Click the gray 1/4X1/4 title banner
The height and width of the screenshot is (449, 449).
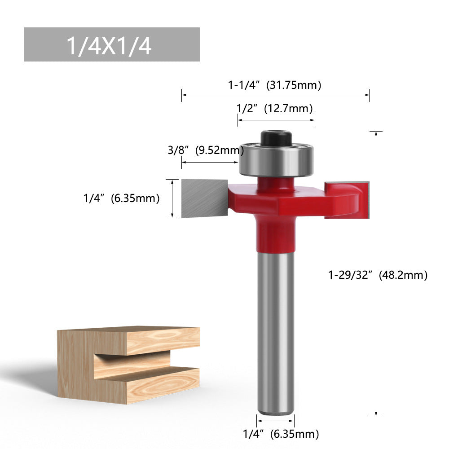tap(111, 44)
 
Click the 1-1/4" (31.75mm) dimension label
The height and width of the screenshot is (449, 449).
tap(275, 85)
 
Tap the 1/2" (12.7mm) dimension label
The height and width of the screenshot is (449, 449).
tap(275, 108)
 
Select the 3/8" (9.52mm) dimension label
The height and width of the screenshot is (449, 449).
tap(206, 150)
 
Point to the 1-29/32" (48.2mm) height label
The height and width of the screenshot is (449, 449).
tap(378, 275)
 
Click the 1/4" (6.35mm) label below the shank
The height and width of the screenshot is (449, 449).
tap(281, 434)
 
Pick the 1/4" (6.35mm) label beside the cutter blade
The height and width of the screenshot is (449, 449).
tap(121, 198)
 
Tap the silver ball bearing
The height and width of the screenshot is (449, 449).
tap(276, 160)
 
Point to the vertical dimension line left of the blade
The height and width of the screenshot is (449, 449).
tap(172, 198)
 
